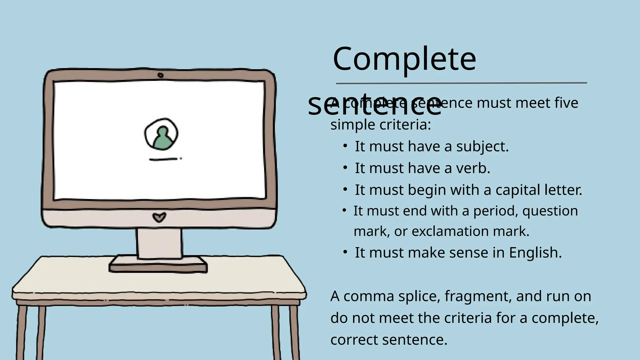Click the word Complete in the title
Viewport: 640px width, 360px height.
[404, 59]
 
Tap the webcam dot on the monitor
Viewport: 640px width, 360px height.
[161, 75]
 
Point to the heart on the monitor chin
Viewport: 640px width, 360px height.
[159, 217]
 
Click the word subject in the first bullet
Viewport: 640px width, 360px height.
[482, 147]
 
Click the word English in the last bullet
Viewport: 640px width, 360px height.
[535, 253]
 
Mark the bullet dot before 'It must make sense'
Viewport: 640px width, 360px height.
[345, 252]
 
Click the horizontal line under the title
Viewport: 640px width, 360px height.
[461, 83]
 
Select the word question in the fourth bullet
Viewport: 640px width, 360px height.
[550, 211]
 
